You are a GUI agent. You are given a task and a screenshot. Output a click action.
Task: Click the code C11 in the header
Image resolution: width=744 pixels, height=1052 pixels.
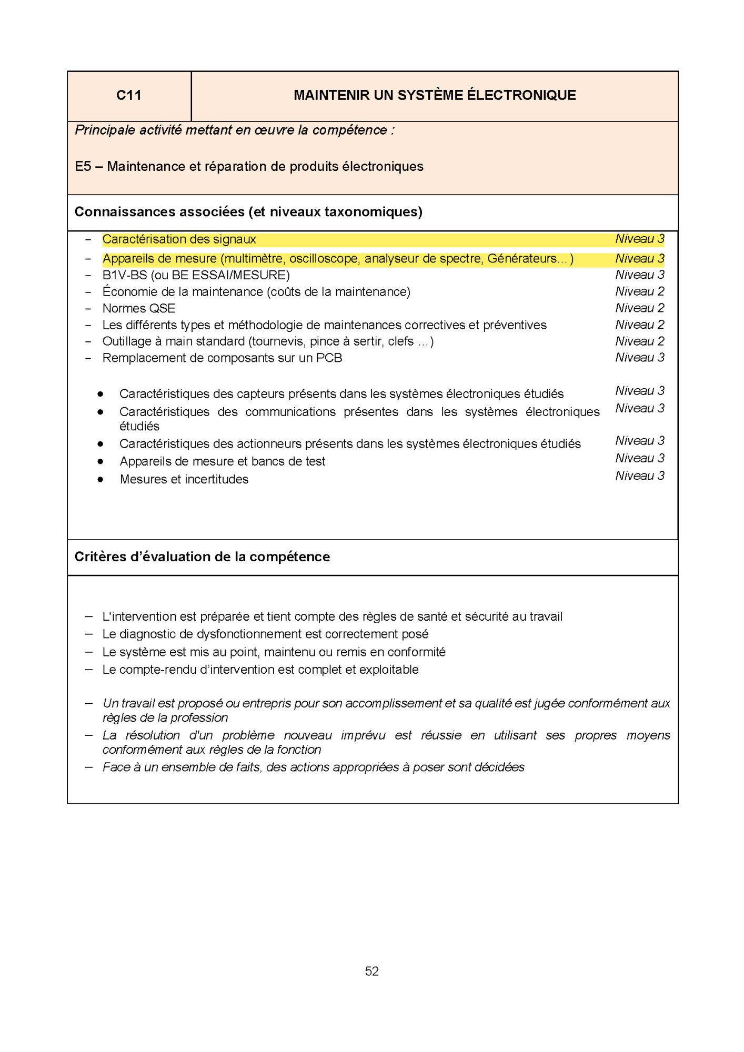click(x=128, y=95)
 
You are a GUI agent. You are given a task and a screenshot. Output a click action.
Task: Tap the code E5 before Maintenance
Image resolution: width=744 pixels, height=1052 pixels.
click(x=83, y=167)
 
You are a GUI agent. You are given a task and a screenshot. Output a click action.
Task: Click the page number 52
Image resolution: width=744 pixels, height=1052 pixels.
click(x=372, y=971)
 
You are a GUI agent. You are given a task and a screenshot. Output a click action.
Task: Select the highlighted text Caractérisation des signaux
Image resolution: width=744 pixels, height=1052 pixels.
click(x=179, y=239)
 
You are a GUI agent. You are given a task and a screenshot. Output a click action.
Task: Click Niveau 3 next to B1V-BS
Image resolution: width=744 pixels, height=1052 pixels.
click(x=639, y=275)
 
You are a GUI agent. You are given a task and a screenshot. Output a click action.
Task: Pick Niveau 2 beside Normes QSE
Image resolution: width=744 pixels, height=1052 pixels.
click(x=639, y=308)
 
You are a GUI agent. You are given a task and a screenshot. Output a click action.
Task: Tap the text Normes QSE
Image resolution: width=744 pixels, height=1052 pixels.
click(x=139, y=308)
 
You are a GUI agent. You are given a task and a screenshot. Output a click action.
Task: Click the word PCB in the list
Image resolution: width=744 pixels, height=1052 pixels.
click(x=329, y=358)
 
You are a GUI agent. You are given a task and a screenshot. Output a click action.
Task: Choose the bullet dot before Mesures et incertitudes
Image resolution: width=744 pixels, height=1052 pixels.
click(x=100, y=480)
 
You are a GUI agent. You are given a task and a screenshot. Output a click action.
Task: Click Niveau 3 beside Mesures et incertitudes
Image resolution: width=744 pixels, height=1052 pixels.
click(x=639, y=476)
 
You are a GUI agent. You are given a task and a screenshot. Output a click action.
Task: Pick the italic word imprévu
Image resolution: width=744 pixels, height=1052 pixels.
click(x=363, y=735)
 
